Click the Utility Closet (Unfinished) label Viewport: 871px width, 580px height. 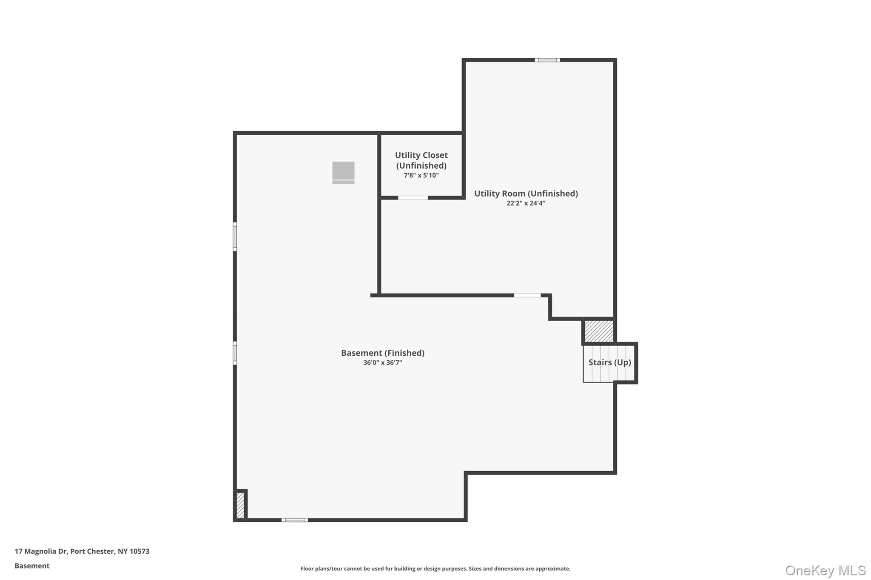421,160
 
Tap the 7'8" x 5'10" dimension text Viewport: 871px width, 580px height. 421,175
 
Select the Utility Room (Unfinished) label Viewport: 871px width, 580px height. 526,194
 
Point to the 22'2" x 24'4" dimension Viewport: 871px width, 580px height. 526,204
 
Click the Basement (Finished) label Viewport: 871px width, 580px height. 382,353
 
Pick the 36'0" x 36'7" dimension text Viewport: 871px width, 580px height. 382,363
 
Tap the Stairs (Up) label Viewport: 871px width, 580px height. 609,362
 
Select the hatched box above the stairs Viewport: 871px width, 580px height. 599,331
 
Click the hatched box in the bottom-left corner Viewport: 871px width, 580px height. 240,505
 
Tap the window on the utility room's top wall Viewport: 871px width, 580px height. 547,60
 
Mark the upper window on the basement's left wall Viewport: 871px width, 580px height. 235,237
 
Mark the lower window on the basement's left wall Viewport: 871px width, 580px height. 235,353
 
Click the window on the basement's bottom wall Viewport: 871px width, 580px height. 294,520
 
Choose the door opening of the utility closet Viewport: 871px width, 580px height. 413,198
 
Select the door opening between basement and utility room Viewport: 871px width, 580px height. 527,295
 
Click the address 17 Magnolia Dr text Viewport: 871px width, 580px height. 82,552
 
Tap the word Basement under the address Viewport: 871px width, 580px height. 32,566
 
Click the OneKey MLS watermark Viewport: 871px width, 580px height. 825,570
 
